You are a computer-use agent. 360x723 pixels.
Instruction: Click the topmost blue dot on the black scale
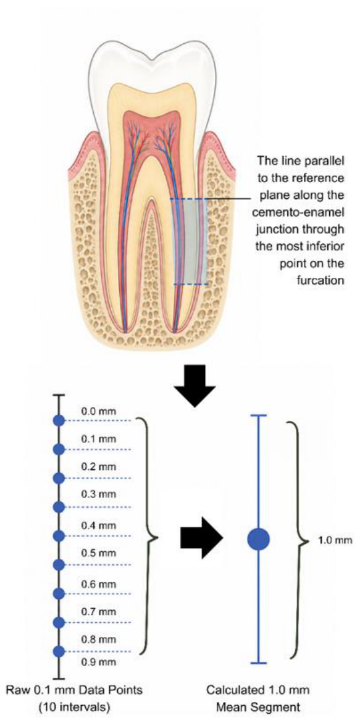(x=59, y=420)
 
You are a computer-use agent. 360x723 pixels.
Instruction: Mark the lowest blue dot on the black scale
(x=59, y=651)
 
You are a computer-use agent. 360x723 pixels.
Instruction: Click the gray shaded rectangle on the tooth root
(x=190, y=241)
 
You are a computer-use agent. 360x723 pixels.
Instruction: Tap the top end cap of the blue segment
(x=258, y=416)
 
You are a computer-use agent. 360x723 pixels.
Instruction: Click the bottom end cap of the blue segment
(x=258, y=663)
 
